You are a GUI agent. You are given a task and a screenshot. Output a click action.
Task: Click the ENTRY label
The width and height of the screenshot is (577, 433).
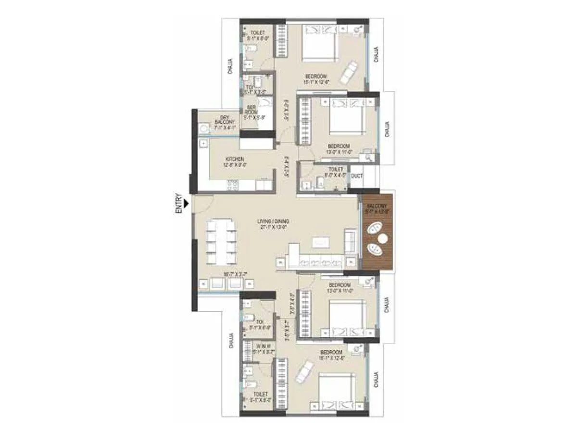(179, 203)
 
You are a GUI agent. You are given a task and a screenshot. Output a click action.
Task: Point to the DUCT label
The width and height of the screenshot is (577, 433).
(356, 177)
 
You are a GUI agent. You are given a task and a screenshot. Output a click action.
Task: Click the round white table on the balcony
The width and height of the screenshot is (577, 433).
(383, 238)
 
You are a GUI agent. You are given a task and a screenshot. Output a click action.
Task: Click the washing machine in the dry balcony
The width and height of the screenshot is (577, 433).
(203, 128)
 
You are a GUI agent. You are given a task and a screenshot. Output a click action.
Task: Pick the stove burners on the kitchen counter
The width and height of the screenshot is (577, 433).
(232, 184)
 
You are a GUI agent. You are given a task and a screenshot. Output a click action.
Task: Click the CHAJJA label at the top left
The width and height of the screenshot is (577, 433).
(231, 66)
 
